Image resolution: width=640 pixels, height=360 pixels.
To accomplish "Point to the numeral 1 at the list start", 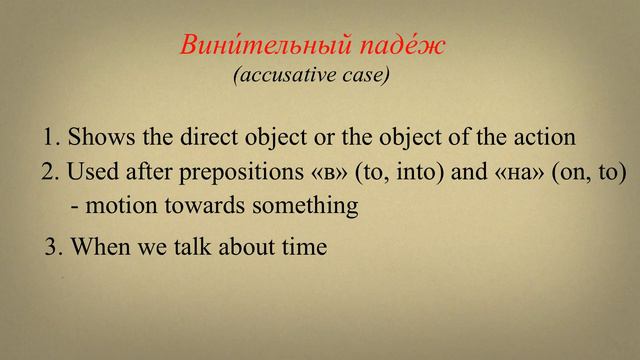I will click(x=51, y=138).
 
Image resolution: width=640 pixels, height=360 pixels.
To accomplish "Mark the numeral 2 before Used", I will click(x=48, y=172).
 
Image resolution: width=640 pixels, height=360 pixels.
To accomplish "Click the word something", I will click(x=303, y=206).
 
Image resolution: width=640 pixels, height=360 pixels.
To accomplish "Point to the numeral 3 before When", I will click(x=52, y=246).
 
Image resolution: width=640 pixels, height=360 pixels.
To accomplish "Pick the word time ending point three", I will click(x=304, y=246).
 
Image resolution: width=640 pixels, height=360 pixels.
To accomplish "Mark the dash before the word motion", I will click(x=78, y=207).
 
